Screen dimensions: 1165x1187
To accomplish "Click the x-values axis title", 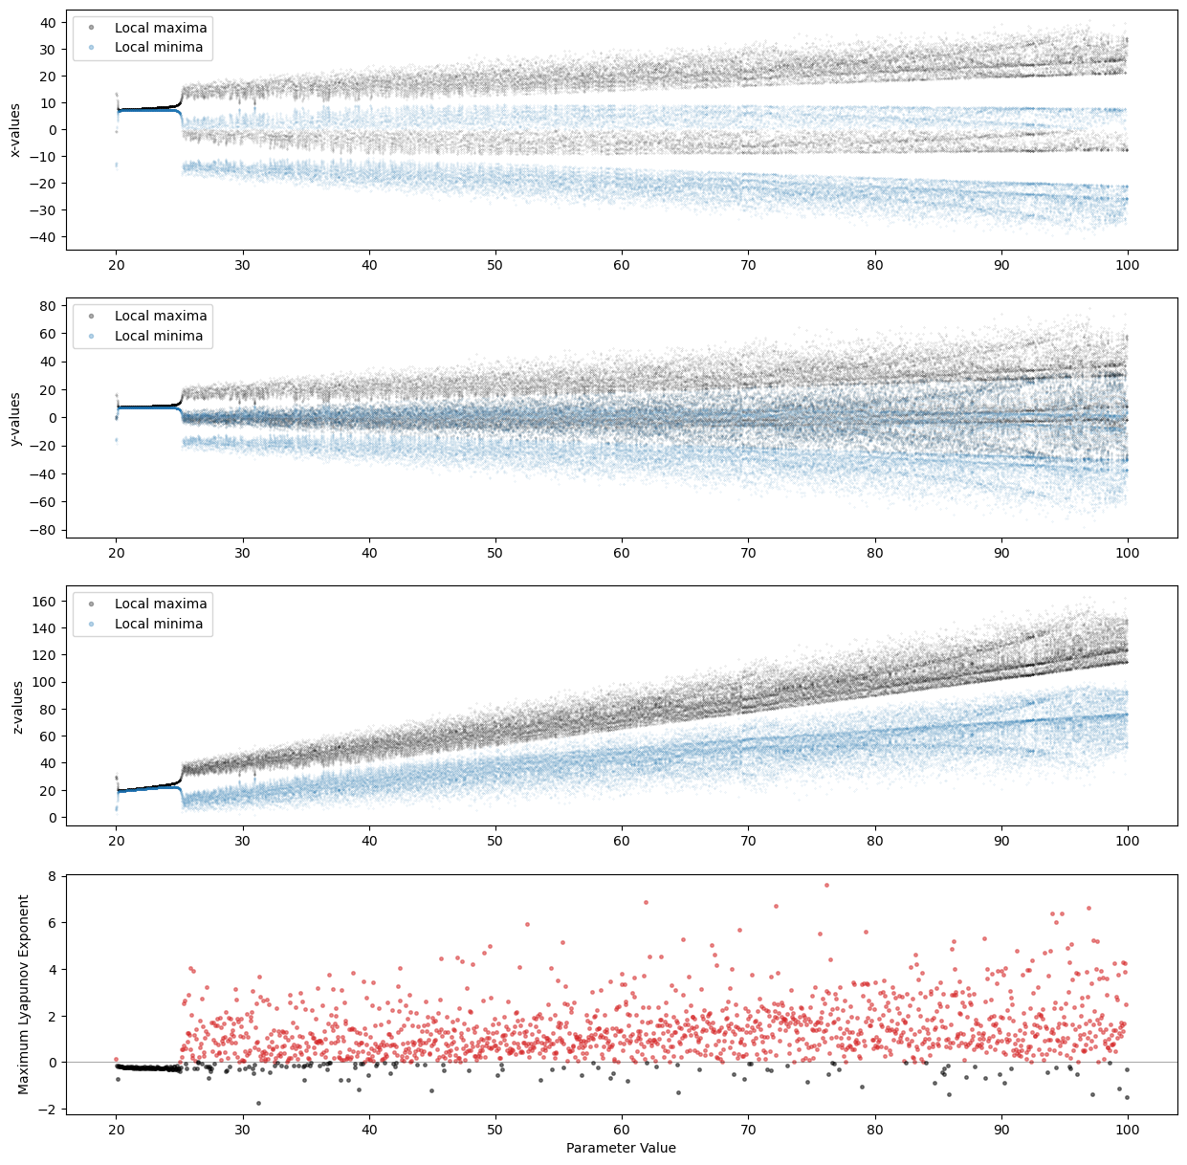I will [15, 130].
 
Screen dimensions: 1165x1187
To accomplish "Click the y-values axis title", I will [15, 418].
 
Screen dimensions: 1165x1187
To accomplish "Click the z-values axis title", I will [15, 706].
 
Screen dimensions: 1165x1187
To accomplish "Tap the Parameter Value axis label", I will [621, 1148].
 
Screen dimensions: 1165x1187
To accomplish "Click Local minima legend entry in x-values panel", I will [158, 47].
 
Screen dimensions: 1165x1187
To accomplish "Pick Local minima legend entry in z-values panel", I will [158, 624].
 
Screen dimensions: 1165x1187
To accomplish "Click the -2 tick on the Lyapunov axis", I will [52, 1110].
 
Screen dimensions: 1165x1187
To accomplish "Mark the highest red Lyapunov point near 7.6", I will [826, 885].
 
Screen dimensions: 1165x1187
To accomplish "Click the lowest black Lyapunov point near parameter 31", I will [258, 1103].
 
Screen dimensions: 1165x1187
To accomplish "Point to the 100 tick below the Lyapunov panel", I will [1128, 1130].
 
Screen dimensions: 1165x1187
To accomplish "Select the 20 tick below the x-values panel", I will [116, 265].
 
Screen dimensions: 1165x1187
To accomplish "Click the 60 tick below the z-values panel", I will [622, 841].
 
